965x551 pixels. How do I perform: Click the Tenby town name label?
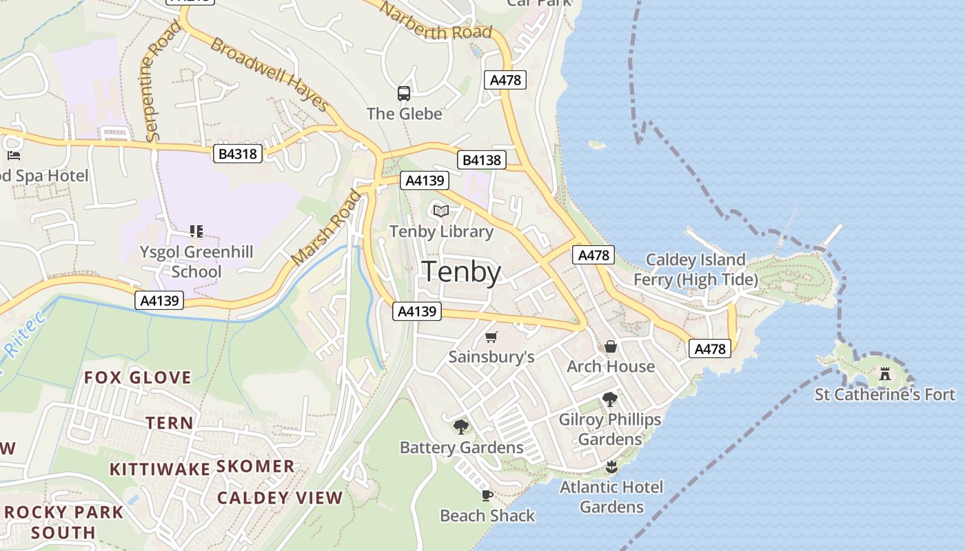pos(461,273)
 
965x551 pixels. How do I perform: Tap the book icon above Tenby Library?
pos(441,211)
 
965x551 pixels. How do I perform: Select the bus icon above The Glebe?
pos(404,94)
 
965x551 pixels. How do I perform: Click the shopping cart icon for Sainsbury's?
pos(491,337)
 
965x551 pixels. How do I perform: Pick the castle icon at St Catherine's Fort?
pos(885,374)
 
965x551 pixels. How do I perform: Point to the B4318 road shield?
pos(238,154)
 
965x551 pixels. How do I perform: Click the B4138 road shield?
pos(482,160)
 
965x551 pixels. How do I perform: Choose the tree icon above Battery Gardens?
pos(461,427)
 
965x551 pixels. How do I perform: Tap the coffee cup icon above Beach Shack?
pos(487,495)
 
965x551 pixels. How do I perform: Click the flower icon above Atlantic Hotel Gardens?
pos(611,468)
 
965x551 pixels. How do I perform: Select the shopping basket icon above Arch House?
pos(611,346)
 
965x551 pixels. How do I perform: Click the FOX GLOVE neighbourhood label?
pos(138,377)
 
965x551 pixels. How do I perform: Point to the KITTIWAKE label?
pos(160,469)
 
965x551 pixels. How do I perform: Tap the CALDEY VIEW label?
pos(280,498)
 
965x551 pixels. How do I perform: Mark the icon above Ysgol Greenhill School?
pos(196,231)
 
